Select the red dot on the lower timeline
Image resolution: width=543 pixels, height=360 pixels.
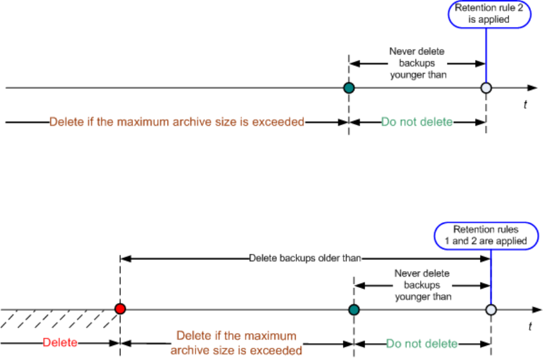[x=120, y=309]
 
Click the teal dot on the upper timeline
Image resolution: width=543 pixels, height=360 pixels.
[x=348, y=88]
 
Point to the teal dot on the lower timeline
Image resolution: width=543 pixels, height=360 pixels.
[x=354, y=309]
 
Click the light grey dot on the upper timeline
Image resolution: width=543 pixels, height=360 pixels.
[x=486, y=88]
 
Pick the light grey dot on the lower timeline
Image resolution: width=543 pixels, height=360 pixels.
[x=491, y=309]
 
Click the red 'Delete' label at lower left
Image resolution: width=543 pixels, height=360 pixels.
[x=60, y=342]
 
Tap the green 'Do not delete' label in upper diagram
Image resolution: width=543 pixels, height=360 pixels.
[x=417, y=122]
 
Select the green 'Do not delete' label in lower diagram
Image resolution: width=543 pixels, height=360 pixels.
[x=422, y=344]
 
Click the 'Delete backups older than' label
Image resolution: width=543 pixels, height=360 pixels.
[x=305, y=258]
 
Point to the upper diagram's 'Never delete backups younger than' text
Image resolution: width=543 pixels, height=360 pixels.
[x=418, y=62]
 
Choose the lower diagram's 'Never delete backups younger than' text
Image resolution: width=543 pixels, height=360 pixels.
[x=423, y=284]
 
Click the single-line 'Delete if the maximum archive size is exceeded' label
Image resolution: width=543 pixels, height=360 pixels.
[x=177, y=122]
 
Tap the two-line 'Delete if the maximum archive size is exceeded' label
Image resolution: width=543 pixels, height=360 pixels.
[x=236, y=342]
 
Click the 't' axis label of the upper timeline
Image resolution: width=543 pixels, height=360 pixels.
[x=525, y=105]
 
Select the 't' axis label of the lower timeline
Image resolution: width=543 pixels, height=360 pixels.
[x=530, y=326]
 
